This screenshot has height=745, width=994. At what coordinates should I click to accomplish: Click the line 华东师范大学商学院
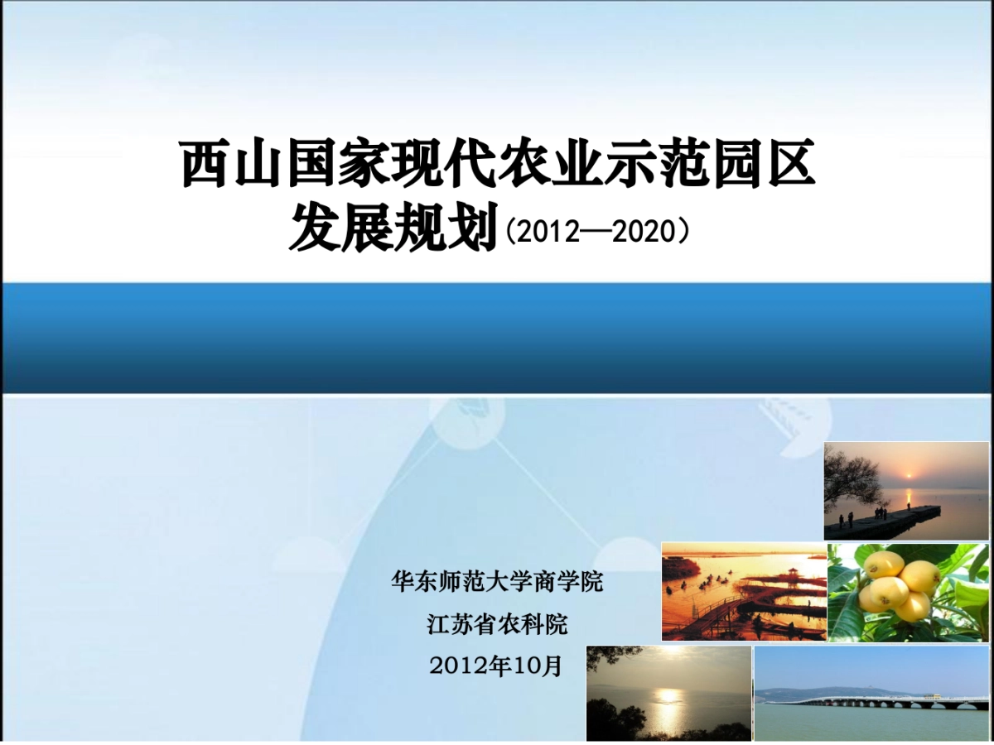pos(497,582)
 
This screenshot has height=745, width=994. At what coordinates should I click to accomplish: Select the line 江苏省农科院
pos(497,624)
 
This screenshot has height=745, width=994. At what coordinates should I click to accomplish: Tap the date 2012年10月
pos(496,666)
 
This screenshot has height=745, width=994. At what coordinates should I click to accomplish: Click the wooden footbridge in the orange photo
pos(704,617)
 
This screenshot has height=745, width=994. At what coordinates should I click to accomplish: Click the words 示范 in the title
pos(630,164)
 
